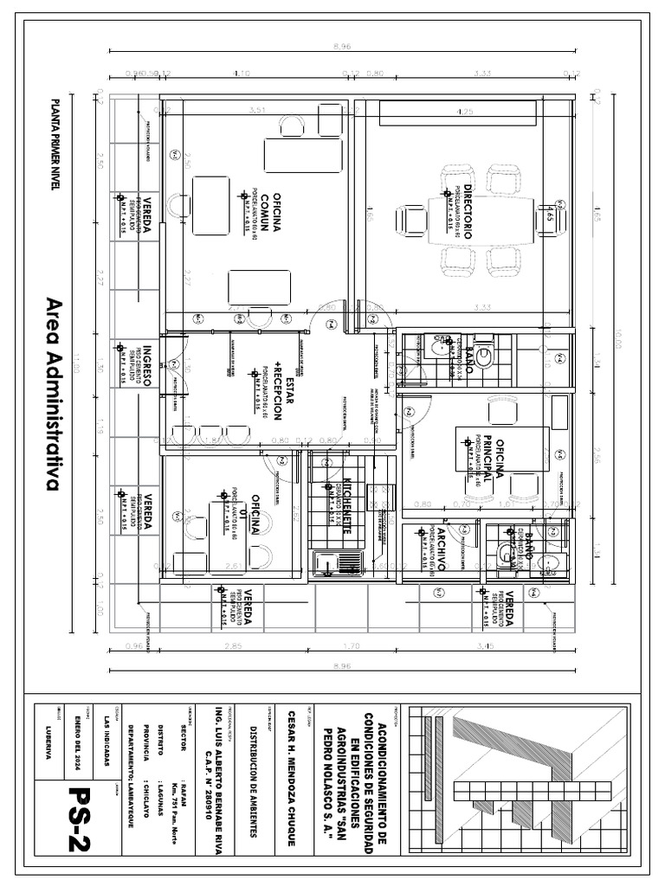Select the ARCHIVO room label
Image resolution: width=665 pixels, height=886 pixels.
pyautogui.click(x=440, y=550)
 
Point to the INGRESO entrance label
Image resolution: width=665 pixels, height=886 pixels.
pyautogui.click(x=148, y=364)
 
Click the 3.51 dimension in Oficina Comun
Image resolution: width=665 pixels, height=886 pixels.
pyautogui.click(x=256, y=111)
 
